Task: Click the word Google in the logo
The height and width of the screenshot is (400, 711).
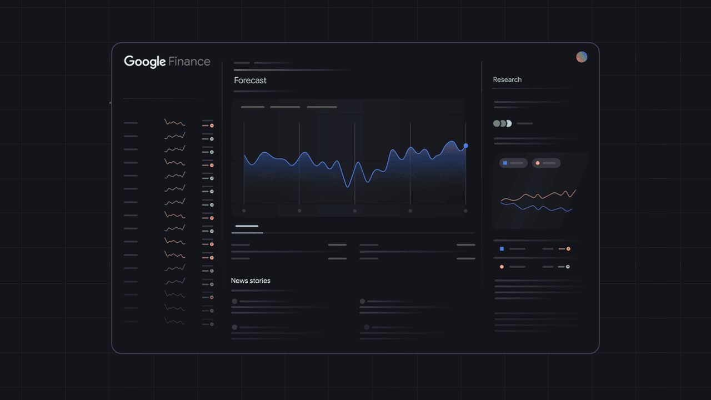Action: pyautogui.click(x=144, y=62)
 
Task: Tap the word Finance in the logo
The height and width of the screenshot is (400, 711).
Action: pyautogui.click(x=189, y=62)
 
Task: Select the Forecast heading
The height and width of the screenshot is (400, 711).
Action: pyautogui.click(x=250, y=81)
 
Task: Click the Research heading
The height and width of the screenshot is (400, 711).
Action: pyautogui.click(x=507, y=79)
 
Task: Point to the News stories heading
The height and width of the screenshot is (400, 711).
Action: pyautogui.click(x=251, y=281)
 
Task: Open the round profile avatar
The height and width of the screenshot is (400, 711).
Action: pyautogui.click(x=582, y=57)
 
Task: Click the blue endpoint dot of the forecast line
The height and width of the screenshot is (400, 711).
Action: pyautogui.click(x=465, y=146)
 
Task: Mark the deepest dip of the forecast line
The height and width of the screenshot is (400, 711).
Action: pyautogui.click(x=348, y=187)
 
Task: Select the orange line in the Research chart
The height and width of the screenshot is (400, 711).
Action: pyautogui.click(x=538, y=196)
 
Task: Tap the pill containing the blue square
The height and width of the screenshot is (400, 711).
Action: pyautogui.click(x=513, y=163)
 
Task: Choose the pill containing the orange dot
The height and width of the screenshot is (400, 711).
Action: pyautogui.click(x=546, y=163)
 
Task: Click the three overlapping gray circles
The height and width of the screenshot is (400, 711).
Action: pyautogui.click(x=502, y=123)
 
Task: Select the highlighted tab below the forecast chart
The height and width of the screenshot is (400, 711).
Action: pyautogui.click(x=247, y=227)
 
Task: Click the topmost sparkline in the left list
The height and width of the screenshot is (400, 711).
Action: pyautogui.click(x=174, y=122)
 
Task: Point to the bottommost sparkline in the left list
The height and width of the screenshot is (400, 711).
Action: pyautogui.click(x=174, y=321)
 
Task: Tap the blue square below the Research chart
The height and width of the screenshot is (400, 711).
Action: pyautogui.click(x=502, y=249)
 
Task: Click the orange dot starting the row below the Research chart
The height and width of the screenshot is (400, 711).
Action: pyautogui.click(x=502, y=267)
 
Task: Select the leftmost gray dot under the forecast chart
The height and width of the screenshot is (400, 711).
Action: pyautogui.click(x=244, y=211)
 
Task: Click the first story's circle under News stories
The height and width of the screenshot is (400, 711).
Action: pyautogui.click(x=234, y=302)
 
